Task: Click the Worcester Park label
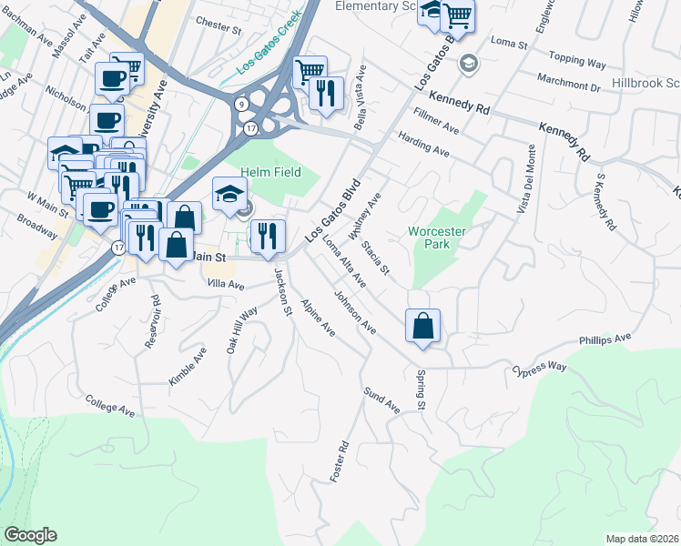point(437,238)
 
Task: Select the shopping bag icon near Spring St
point(423,327)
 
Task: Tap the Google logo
point(30,535)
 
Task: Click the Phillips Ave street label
point(605,339)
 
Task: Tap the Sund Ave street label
point(382,399)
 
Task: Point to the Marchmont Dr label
point(568,86)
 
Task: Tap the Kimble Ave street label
point(188,365)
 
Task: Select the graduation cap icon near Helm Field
point(230,193)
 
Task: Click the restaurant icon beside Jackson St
point(268,236)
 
